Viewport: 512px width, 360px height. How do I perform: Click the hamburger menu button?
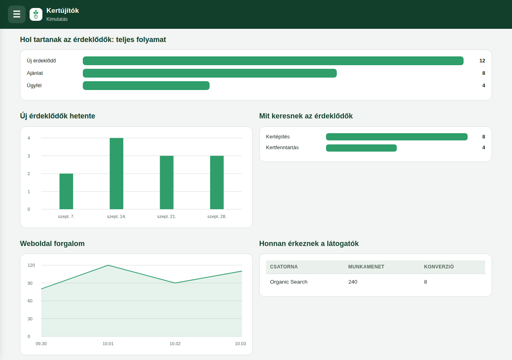click(17, 14)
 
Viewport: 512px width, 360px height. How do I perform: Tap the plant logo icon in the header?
click(36, 14)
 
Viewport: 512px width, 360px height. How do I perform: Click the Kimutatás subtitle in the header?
click(57, 19)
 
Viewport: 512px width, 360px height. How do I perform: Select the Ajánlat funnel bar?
click(210, 73)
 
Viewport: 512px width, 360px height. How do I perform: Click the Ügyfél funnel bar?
click(146, 86)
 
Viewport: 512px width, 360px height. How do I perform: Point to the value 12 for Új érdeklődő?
click(482, 61)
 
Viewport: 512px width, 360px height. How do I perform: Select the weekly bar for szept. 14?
click(116, 174)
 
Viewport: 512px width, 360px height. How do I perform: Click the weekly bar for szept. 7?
click(66, 191)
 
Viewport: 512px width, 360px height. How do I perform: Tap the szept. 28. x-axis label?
click(217, 216)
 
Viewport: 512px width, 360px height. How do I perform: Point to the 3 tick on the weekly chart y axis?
click(29, 156)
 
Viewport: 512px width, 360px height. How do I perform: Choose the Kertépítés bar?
click(396, 137)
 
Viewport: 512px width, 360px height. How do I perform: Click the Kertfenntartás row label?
click(282, 148)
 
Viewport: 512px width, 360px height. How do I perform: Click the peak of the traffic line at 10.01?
click(108, 265)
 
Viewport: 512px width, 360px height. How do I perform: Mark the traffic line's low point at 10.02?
click(175, 283)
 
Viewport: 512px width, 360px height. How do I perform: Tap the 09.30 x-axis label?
click(41, 344)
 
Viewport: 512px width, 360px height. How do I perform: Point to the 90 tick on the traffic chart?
click(30, 283)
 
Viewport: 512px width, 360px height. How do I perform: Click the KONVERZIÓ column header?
click(439, 267)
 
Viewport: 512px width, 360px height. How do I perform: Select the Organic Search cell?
click(288, 282)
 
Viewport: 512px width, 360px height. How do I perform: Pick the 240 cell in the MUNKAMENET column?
click(353, 282)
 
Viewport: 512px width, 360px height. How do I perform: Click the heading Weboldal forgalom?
click(52, 244)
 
